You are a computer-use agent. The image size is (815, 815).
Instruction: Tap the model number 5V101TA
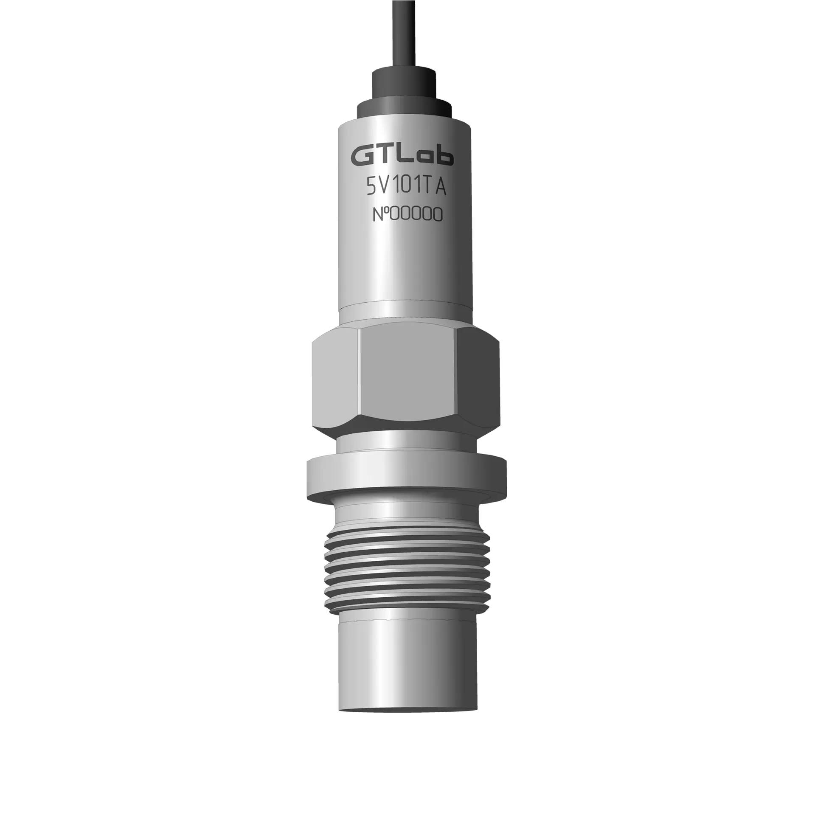(x=406, y=187)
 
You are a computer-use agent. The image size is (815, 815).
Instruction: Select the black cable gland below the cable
(x=405, y=91)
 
